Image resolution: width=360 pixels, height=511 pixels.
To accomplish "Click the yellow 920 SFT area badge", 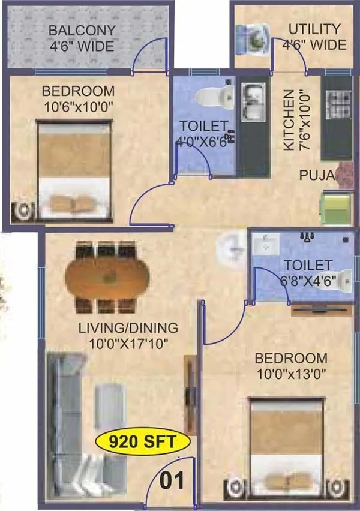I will click(x=142, y=443).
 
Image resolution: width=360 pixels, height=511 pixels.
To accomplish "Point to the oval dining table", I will click(x=107, y=277).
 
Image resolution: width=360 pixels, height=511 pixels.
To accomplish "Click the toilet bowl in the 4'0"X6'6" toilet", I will click(x=215, y=94).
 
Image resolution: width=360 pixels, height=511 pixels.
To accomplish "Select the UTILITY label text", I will click(x=314, y=29).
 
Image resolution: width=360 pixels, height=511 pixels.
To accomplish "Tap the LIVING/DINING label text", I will click(x=129, y=328).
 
